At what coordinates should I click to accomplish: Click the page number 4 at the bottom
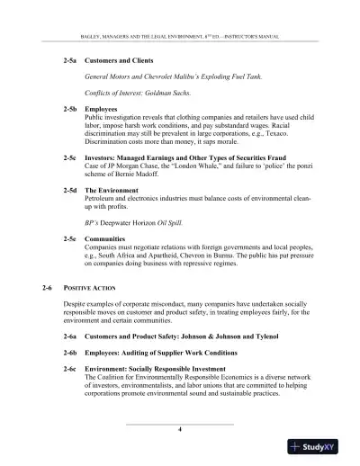(x=180, y=429)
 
